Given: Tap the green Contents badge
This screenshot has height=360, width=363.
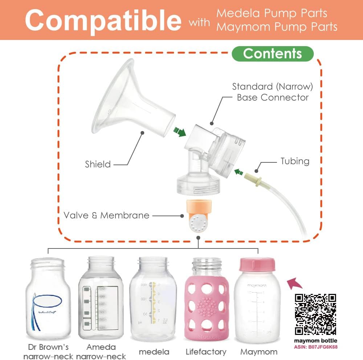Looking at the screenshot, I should [x=273, y=54].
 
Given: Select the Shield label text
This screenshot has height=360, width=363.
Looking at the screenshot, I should [x=98, y=164].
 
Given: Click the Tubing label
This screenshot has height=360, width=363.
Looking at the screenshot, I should [x=295, y=161].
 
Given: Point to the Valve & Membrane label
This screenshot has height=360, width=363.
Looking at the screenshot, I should [x=106, y=215].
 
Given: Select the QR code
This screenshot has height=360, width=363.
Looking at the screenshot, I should [x=315, y=314].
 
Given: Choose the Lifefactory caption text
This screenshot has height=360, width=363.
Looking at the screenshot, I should [x=206, y=352].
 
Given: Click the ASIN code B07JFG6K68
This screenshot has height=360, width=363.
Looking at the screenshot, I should [x=315, y=347].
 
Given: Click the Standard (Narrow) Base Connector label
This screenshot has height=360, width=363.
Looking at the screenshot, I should [x=273, y=92].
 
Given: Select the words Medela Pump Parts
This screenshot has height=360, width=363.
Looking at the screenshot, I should [x=272, y=13].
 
